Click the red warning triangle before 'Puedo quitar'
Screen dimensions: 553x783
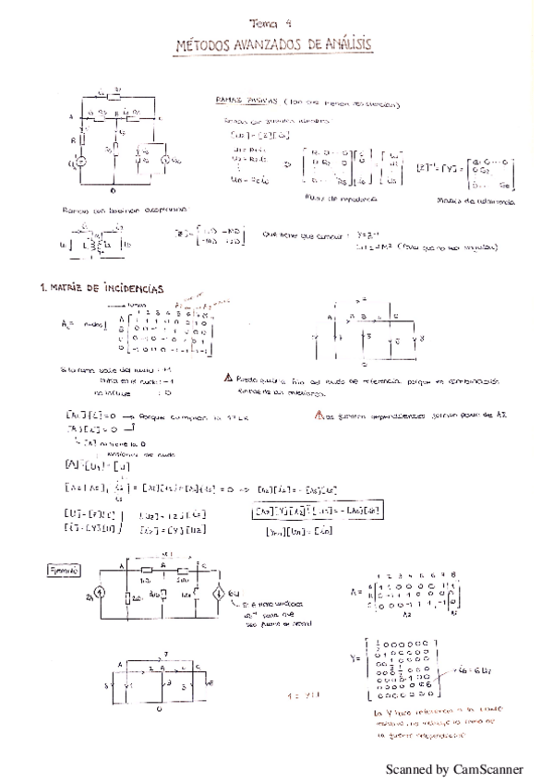point(228,379)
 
